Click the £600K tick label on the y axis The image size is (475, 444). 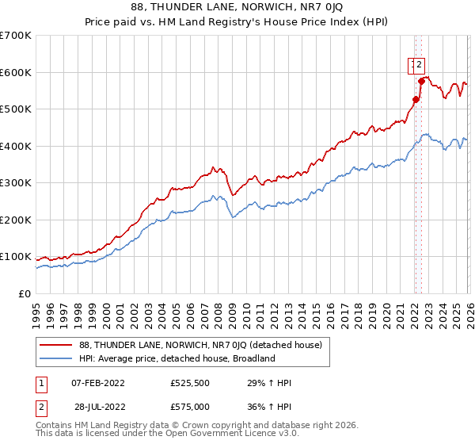[16, 72]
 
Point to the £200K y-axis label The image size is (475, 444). [16, 220]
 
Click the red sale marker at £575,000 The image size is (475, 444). [422, 81]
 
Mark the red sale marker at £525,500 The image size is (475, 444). [415, 99]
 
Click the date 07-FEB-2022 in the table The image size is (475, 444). [97, 383]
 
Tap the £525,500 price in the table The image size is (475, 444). [192, 383]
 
